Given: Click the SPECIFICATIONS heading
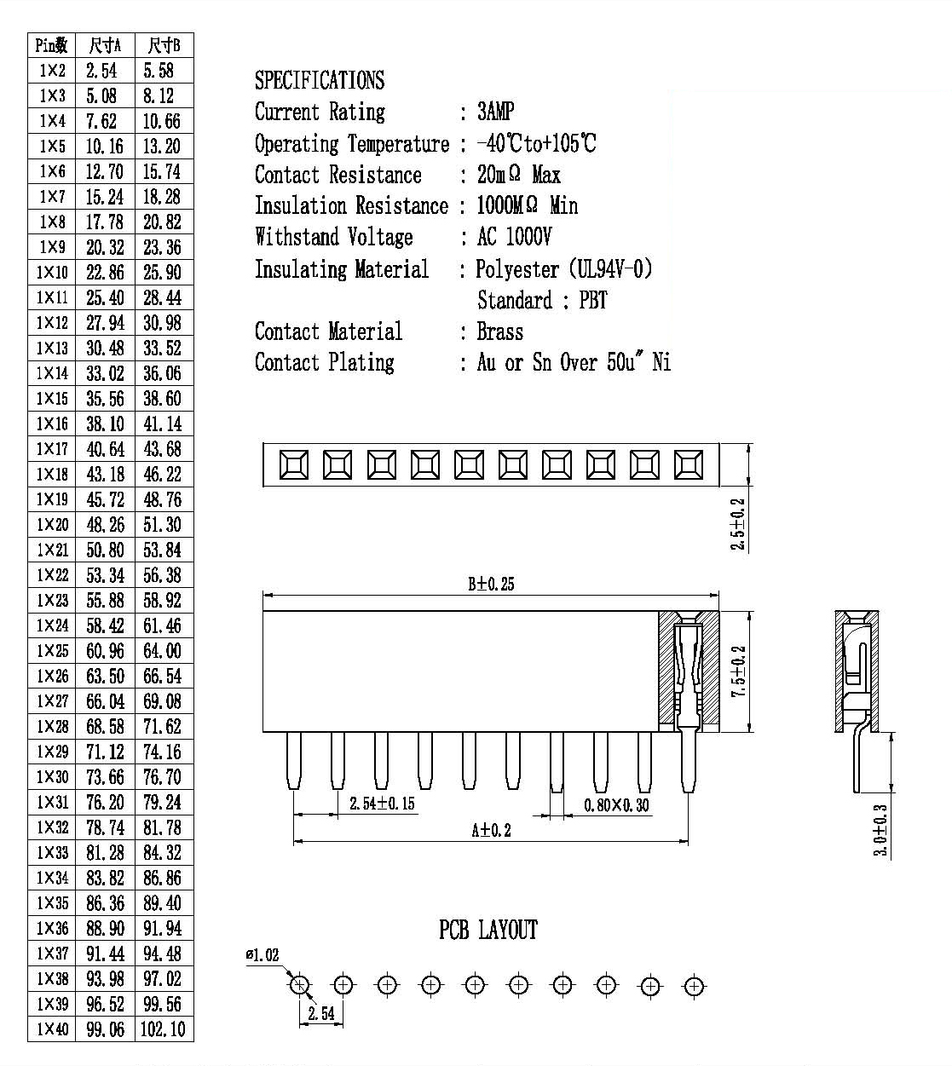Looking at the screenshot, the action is coord(320,80).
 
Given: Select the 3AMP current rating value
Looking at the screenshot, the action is coord(495,112).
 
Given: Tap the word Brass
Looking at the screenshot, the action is coord(500,331).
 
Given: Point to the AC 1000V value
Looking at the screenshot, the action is coord(514,237).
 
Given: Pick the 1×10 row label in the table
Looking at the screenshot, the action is coord(52,272).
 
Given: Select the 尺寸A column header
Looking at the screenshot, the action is coord(105,45).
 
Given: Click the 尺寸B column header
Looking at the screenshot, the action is coord(164,45).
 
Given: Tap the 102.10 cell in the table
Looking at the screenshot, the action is coord(163,1029).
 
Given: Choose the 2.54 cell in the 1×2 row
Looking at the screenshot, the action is coord(101,71).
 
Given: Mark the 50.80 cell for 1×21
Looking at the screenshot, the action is coord(105,550).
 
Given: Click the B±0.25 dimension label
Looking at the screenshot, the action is coord(491,584).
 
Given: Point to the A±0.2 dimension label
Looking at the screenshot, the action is coord(491,830).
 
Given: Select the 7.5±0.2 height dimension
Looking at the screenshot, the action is coord(738,671).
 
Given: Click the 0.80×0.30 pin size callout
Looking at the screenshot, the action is coord(616,805).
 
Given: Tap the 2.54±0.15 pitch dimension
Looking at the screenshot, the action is coord(382,804).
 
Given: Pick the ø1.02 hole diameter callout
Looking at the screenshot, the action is coord(262,954).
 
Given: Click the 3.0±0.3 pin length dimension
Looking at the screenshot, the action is coord(880,830).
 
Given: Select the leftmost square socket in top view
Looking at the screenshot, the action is coord(294,464).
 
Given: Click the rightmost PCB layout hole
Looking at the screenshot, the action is coord(694,986).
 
